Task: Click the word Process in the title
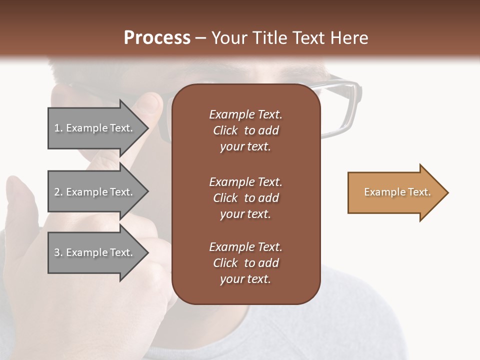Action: click(157, 38)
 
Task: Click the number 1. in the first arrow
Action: click(58, 128)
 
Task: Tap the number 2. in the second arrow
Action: click(58, 192)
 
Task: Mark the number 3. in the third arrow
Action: click(58, 252)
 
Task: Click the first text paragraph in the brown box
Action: click(245, 130)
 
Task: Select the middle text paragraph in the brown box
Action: click(245, 198)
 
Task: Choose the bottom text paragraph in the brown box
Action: click(245, 263)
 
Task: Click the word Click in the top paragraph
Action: click(225, 130)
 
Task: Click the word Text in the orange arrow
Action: click(419, 192)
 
